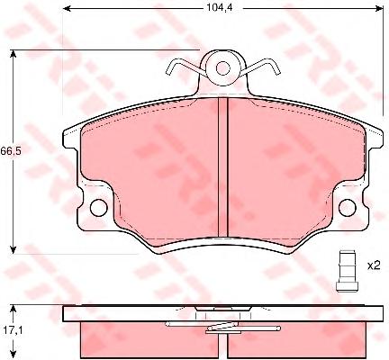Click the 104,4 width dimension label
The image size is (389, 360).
[x=220, y=8]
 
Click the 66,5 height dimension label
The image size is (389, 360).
[x=11, y=151]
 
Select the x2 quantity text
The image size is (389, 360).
[x=374, y=265]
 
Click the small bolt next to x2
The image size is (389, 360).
[x=347, y=270]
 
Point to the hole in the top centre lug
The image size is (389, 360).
[x=222, y=68]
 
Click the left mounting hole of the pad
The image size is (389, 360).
[x=98, y=207]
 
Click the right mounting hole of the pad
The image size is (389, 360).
[x=348, y=207]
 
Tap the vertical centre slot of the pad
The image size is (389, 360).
[x=223, y=167]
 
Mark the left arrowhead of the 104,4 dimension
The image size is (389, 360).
[x=67, y=8]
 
